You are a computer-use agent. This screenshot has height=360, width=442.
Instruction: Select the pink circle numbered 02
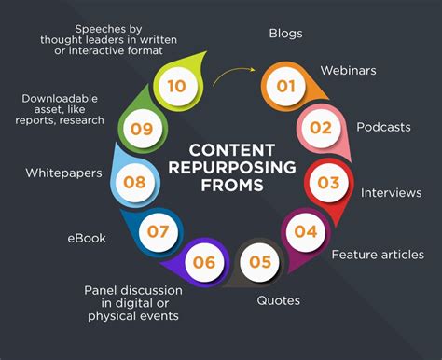coord(319,127)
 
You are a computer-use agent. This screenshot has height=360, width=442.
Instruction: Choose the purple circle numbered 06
coord(203,262)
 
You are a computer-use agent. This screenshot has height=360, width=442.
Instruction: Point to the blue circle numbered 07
coord(159,229)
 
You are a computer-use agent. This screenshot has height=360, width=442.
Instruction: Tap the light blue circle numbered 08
coord(135,182)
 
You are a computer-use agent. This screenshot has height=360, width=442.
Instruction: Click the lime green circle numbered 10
coord(176,86)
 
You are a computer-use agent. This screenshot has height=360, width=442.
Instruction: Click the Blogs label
coord(285,34)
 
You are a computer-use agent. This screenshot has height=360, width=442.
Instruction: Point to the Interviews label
coord(391,192)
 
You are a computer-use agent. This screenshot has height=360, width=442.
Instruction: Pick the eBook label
coord(86,238)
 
